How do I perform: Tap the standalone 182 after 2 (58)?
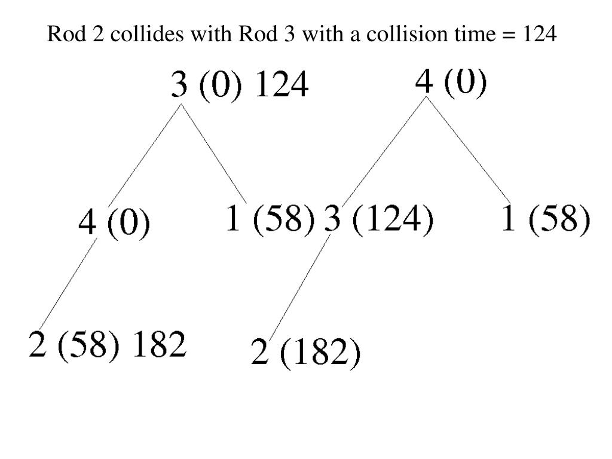tap(158, 345)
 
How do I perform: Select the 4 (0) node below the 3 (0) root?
tap(114, 226)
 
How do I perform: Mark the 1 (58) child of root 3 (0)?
tap(270, 219)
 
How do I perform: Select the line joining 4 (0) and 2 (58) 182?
tap(66, 283)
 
